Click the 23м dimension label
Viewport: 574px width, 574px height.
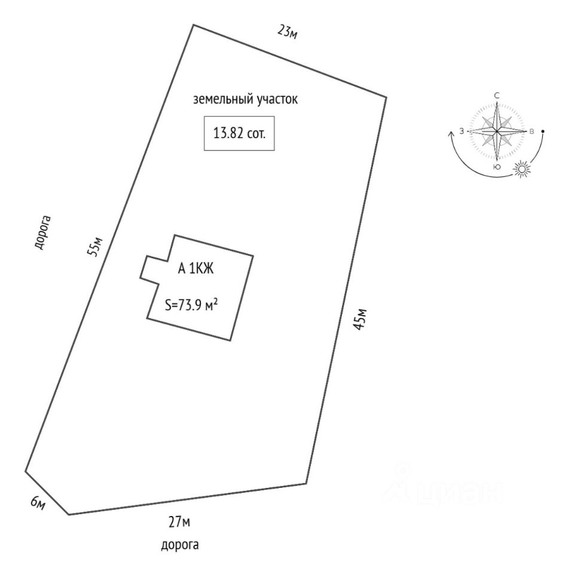click(288, 31)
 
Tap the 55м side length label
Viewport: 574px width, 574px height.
click(96, 246)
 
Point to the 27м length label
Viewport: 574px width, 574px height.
click(179, 523)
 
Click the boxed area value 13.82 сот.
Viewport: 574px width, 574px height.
click(239, 133)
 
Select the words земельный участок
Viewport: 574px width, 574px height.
click(245, 100)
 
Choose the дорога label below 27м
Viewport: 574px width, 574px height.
click(179, 545)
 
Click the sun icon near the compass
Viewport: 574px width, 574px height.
click(522, 170)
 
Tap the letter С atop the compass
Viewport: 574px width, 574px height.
click(497, 96)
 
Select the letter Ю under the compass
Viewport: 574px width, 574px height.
click(497, 167)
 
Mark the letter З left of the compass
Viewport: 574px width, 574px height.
click(462, 131)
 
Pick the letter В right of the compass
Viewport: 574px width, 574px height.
click(532, 132)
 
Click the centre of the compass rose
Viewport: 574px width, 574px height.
click(497, 131)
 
